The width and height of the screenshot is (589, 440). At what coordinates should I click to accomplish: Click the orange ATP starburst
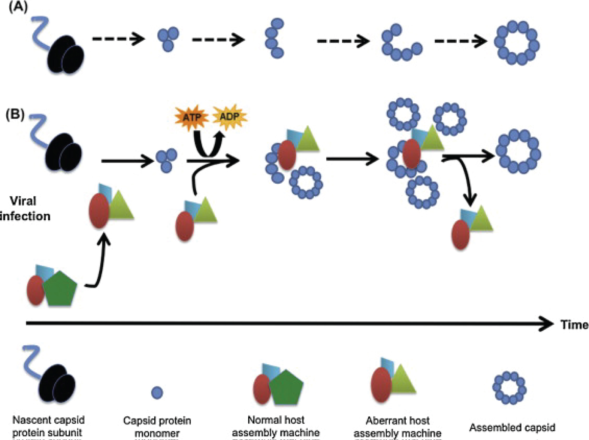coord(192,117)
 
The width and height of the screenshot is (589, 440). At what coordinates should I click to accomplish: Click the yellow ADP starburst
coord(229,117)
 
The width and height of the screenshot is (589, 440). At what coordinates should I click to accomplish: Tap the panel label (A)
coord(18,7)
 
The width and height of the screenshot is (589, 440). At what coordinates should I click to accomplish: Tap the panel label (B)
coord(15,114)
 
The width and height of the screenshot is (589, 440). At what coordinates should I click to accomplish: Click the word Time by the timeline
coord(574,325)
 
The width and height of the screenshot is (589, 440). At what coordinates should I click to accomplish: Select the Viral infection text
coord(24,208)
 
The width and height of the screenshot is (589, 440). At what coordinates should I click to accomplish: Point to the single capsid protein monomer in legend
coord(157,393)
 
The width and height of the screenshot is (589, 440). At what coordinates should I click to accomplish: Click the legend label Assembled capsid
coord(512,427)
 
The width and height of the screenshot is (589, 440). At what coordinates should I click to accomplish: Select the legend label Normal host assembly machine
coord(276,426)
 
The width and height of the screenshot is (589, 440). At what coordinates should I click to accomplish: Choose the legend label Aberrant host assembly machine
coord(397,427)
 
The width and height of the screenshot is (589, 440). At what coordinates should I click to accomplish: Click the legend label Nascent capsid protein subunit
coord(48,426)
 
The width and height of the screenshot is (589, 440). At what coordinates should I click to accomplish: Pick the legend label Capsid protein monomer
coord(157,427)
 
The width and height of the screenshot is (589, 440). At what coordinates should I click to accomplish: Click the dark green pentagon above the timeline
coord(60,288)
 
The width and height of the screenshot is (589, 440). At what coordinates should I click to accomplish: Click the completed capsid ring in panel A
coord(517,43)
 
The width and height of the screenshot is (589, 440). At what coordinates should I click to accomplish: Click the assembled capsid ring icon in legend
coord(509,388)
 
